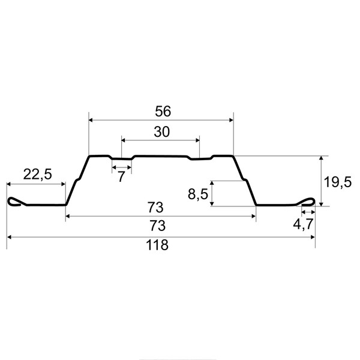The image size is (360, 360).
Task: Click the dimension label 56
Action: [x=163, y=111]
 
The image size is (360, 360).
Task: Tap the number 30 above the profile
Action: [x=162, y=132]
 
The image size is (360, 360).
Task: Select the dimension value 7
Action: [x=121, y=177]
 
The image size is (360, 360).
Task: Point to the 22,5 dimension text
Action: [x=37, y=174]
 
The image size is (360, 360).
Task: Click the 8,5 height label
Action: [x=198, y=194]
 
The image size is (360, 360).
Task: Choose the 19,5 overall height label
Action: [x=337, y=182]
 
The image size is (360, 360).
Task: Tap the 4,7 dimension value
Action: [x=303, y=224]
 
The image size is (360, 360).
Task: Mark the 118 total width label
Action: [x=157, y=245]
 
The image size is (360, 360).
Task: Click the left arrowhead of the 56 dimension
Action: [x=91, y=120]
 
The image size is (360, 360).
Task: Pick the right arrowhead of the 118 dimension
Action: [x=313, y=237]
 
